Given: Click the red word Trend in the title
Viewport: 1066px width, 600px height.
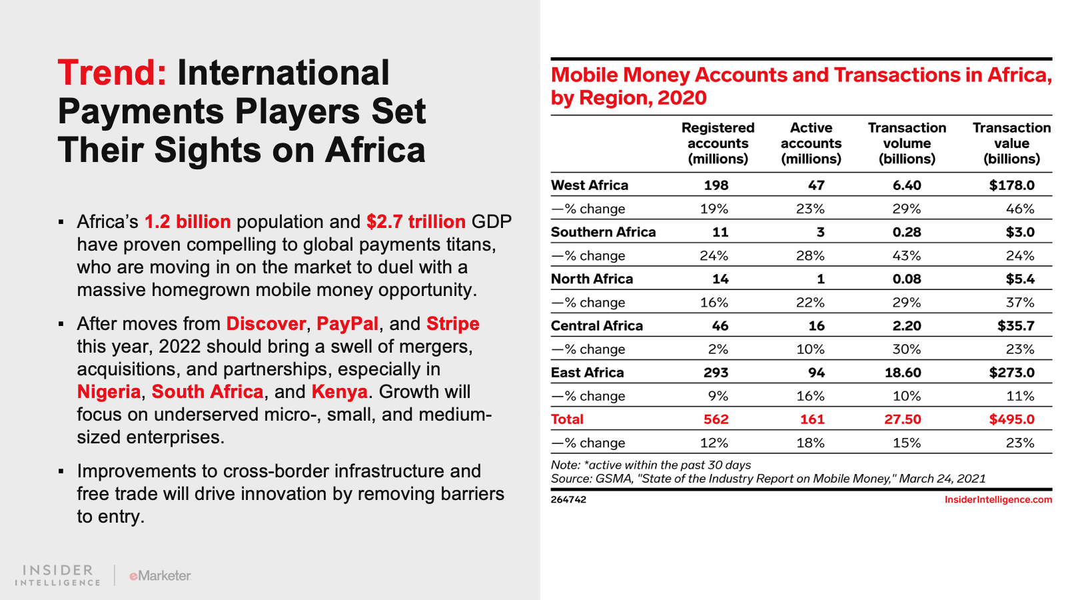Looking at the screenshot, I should [x=111, y=73].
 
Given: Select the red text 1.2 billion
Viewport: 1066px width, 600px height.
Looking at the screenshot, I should [x=187, y=221].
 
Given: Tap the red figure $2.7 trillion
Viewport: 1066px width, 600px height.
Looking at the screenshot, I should [x=416, y=221].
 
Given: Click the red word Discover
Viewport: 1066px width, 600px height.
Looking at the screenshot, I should [x=266, y=323].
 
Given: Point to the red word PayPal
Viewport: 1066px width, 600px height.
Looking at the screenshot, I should [x=347, y=323].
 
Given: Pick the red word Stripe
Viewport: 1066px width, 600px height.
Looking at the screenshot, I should [x=452, y=323].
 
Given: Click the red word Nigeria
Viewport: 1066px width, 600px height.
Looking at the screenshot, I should [x=109, y=391].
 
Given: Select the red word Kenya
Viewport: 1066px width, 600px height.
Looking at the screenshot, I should [x=339, y=391].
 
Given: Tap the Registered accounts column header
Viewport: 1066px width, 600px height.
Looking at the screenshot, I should [x=718, y=143].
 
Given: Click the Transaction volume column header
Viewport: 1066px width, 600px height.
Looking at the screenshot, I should [x=907, y=143].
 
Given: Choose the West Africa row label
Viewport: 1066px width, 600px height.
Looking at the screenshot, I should [x=590, y=185].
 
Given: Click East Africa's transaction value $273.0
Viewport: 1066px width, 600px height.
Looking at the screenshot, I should [x=1011, y=373].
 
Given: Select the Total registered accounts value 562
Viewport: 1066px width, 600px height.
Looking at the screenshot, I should [x=716, y=419].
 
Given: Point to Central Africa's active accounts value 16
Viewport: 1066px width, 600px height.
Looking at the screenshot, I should [x=816, y=326].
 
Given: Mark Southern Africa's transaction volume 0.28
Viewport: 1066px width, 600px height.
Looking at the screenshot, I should [x=907, y=232].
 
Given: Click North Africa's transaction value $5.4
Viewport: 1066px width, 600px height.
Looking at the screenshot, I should [x=1020, y=279].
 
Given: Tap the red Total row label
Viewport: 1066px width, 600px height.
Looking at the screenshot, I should [x=567, y=419].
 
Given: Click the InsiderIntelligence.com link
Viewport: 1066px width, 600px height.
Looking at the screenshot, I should [x=998, y=499].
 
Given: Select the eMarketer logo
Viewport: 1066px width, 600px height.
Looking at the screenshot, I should [x=160, y=575].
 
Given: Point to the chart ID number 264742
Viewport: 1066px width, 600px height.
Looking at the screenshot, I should [x=568, y=499].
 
